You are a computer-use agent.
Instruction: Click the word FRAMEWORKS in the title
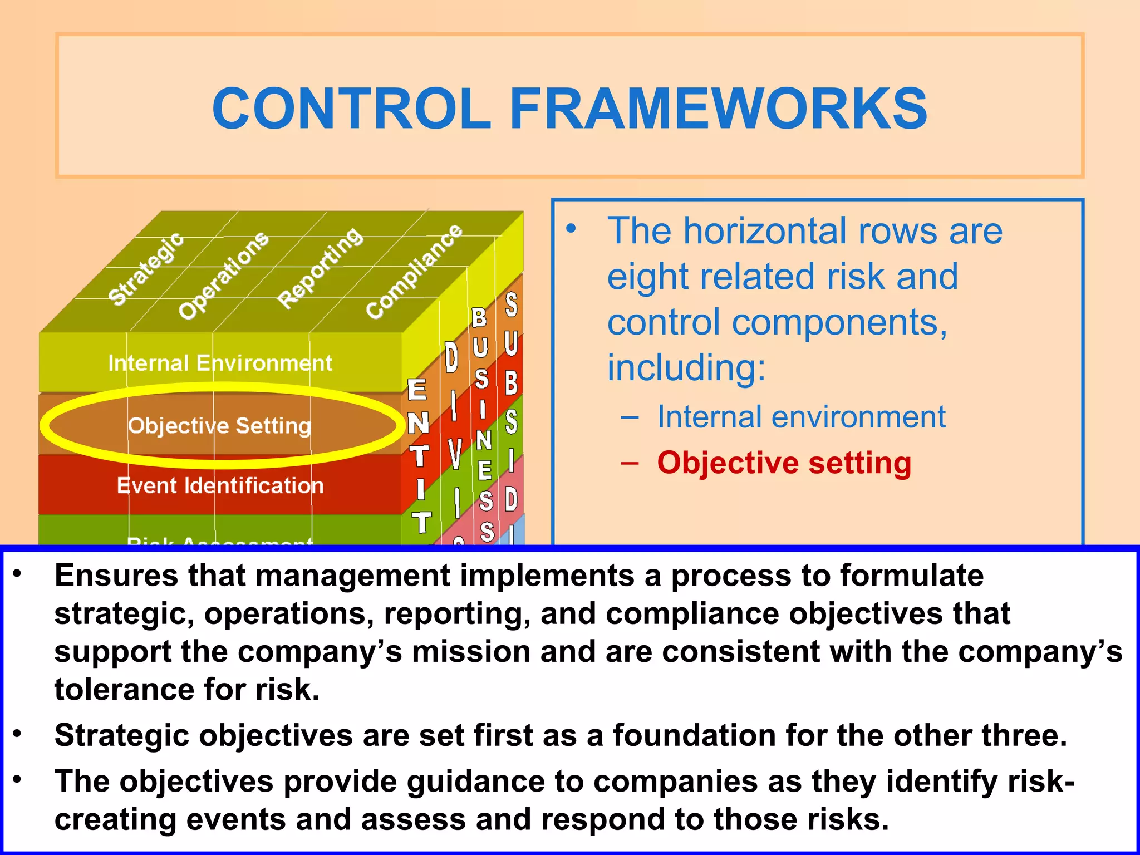coord(718,109)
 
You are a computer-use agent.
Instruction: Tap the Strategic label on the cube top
coord(146,269)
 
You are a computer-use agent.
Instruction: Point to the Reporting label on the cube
coord(321,268)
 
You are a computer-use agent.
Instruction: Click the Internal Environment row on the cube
coord(220,363)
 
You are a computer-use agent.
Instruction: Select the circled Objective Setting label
coord(220,426)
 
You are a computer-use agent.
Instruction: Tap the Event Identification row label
coord(220,486)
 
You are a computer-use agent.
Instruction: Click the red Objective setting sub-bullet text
coord(784,463)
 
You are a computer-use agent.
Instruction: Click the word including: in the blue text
coord(686,368)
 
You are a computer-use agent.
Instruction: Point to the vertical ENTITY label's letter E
coord(417,390)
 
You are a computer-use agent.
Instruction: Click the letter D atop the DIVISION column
coord(451,357)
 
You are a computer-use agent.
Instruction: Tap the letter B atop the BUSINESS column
coord(479,318)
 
